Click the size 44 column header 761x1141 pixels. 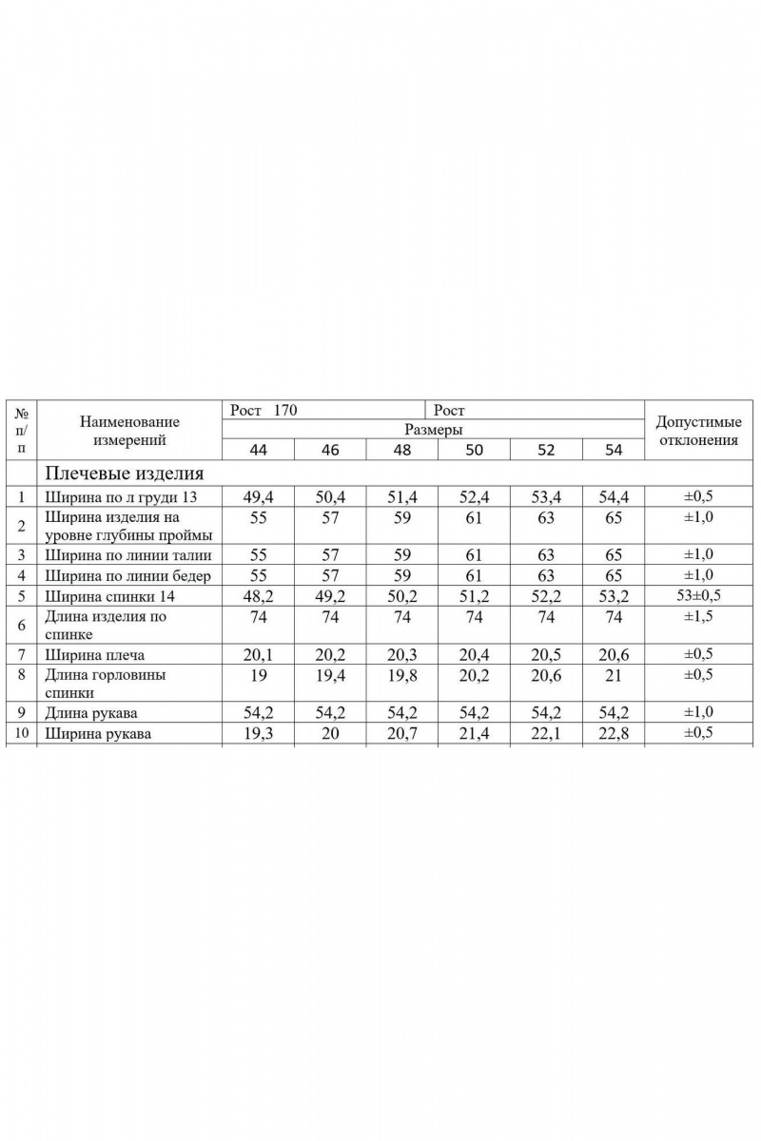click(258, 450)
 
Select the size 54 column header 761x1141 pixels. click(614, 450)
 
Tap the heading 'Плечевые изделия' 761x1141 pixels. click(124, 473)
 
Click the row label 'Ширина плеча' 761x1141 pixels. click(95, 655)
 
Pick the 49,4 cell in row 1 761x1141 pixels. click(258, 495)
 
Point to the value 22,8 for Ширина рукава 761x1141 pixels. click(614, 733)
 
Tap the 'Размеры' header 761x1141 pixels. click(433, 430)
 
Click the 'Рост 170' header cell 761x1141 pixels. click(264, 411)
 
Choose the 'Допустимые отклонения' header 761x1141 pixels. click(698, 431)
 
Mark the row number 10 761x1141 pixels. click(21, 733)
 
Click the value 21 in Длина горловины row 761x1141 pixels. click(614, 675)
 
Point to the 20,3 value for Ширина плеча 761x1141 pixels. click(402, 655)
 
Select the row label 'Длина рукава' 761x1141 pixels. click(97, 712)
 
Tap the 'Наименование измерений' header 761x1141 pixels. click(129, 430)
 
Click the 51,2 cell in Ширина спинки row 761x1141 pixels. click(474, 596)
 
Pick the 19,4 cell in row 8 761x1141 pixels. click(330, 675)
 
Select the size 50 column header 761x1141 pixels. click(474, 450)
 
